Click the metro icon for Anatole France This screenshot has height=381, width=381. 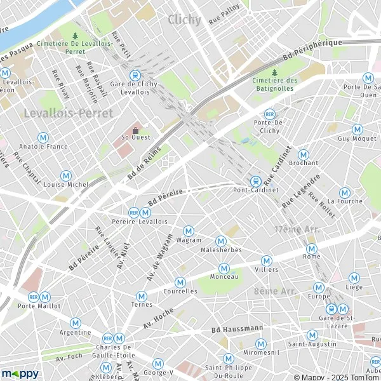coord(43,137)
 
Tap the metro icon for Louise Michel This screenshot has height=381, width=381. coord(66,175)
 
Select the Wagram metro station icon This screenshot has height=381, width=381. coord(188,231)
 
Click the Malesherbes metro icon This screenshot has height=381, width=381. coord(221,241)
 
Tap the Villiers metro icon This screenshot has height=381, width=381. coord(267,260)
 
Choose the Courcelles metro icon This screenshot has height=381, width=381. coord(180,282)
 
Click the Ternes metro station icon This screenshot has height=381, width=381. coord(141,295)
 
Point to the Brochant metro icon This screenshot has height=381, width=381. coord(304,154)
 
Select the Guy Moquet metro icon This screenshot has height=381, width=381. coord(358,129)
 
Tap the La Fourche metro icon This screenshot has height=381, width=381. coord(345,192)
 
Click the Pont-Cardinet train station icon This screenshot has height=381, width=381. coord(255,181)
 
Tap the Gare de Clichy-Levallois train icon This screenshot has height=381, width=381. coord(134,76)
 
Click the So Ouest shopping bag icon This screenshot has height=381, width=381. coord(135,130)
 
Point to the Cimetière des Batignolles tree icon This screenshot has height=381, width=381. coord(274,72)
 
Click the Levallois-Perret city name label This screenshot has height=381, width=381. coord(67,113)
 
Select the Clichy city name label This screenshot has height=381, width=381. coord(184,20)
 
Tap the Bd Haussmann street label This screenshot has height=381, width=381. coord(237,329)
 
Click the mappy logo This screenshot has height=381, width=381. coord(20,373)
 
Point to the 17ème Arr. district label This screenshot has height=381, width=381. coord(292,229)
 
